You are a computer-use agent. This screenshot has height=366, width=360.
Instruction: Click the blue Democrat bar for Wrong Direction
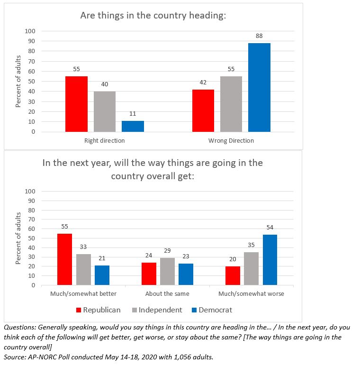point(259,88)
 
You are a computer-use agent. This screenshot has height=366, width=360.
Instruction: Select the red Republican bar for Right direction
point(76,104)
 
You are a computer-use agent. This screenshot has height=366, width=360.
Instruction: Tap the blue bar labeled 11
point(133,126)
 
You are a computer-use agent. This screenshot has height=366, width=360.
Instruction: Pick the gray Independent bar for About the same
point(167,272)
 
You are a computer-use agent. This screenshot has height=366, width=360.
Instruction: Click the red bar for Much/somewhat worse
point(233,275)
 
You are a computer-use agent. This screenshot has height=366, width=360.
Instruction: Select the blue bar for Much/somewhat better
point(102,275)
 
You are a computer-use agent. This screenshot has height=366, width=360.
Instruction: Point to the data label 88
point(259,36)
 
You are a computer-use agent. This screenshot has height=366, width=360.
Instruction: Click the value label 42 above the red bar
point(203,82)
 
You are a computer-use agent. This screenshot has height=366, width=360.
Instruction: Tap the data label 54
point(270,228)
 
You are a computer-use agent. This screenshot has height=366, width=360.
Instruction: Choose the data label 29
point(167,251)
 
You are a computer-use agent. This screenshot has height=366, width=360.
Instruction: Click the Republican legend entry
point(99,310)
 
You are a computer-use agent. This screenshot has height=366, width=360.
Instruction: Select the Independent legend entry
point(157,310)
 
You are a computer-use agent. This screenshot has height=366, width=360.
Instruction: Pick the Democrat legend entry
point(212,310)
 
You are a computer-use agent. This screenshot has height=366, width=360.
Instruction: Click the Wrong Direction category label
point(231,140)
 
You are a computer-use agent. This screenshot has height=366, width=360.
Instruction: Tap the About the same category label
point(167,293)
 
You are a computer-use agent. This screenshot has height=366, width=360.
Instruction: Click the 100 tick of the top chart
point(30,31)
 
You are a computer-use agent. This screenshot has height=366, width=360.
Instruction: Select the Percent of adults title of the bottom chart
point(18,238)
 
